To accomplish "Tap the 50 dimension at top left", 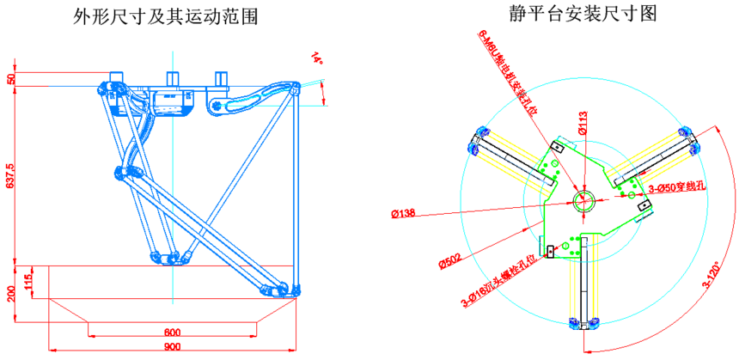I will tap(10, 78).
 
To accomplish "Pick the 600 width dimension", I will tap(173, 333).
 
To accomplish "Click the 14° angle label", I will tap(317, 58).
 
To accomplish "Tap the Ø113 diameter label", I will tap(582, 130).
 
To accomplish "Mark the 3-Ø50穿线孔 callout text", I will tap(677, 186).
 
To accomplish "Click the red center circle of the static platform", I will tap(583, 201).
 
